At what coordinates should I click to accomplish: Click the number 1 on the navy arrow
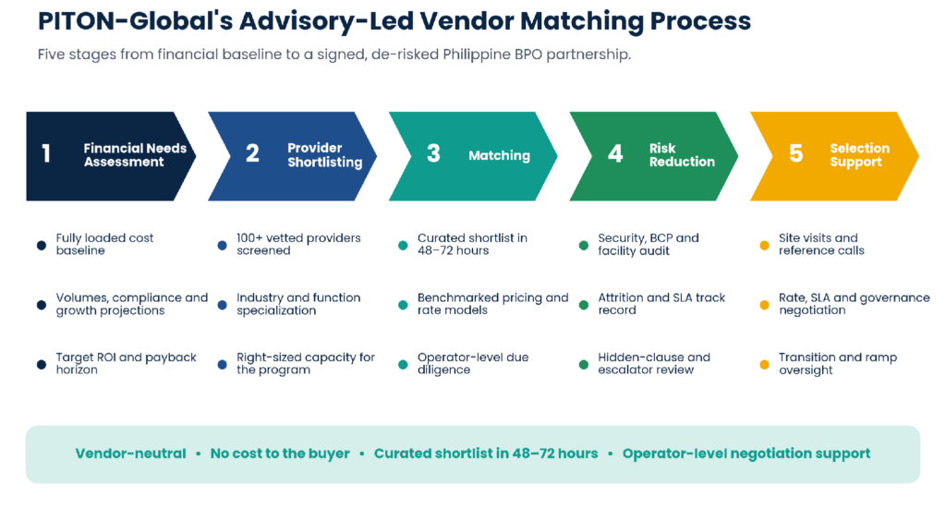(x=46, y=153)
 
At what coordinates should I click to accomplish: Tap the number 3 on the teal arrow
(x=433, y=153)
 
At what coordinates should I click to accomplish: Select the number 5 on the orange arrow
(x=795, y=153)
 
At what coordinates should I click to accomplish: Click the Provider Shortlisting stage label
(x=324, y=155)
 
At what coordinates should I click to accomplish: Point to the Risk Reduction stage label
(x=682, y=155)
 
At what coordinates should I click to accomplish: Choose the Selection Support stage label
(x=859, y=155)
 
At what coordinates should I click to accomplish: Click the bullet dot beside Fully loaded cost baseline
(x=42, y=246)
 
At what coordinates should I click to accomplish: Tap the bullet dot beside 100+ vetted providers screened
(x=222, y=246)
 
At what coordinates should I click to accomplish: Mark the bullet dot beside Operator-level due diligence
(x=403, y=365)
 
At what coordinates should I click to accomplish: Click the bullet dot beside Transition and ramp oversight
(x=764, y=365)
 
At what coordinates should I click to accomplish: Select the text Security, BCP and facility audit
(x=648, y=244)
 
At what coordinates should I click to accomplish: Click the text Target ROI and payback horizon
(x=126, y=364)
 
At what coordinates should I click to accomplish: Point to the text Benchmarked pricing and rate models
(x=493, y=304)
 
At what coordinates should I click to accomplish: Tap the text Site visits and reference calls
(x=821, y=244)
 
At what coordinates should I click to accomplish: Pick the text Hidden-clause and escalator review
(x=654, y=364)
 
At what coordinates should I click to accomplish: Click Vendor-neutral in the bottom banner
(x=130, y=454)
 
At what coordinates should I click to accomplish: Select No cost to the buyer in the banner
(x=280, y=454)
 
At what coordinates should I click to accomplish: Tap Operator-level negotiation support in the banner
(x=746, y=454)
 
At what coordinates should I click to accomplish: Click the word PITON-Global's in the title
(x=135, y=21)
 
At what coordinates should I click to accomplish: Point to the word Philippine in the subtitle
(x=477, y=55)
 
